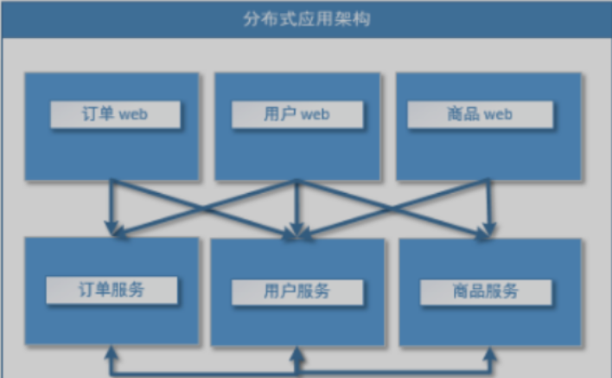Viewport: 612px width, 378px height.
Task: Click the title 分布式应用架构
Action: (307, 18)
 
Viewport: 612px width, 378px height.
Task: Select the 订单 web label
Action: (114, 114)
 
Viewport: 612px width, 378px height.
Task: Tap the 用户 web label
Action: (296, 114)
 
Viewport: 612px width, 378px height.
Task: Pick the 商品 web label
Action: (481, 114)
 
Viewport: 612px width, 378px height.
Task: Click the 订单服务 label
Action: (113, 289)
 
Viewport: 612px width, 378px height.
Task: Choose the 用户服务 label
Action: (296, 292)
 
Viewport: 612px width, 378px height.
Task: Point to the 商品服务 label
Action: (484, 292)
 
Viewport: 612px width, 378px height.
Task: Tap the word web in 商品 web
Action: (499, 114)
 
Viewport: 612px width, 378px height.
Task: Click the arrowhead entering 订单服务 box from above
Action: (112, 229)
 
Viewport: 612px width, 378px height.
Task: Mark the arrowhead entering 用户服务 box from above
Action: (296, 231)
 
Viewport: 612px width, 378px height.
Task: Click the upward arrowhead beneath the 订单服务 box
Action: (112, 356)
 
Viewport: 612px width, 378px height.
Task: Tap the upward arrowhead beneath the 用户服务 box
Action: (296, 356)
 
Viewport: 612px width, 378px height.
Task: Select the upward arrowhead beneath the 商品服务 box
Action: (488, 356)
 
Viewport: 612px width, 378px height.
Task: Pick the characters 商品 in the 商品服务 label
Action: (467, 292)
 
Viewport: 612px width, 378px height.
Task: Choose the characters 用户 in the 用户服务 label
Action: (278, 292)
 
